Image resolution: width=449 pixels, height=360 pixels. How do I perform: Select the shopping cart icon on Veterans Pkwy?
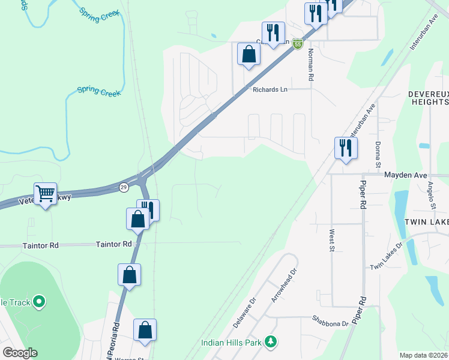coord(45,194)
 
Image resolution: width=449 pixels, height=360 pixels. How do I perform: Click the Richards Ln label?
coord(270,89)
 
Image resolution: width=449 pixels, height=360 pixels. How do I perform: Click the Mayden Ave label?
coord(405,175)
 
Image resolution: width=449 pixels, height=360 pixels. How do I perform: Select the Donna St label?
coord(378,154)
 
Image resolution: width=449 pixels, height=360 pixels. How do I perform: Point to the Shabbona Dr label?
coord(330,323)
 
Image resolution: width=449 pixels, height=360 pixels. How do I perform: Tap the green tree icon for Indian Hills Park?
coord(271,341)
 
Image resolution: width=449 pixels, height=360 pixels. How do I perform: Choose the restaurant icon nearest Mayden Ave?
coord(345,148)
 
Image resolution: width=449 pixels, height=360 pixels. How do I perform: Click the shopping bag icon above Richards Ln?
coord(249,55)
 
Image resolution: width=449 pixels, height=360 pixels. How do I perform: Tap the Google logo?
coord(19,353)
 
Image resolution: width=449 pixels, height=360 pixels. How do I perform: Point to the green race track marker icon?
coord(39,301)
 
